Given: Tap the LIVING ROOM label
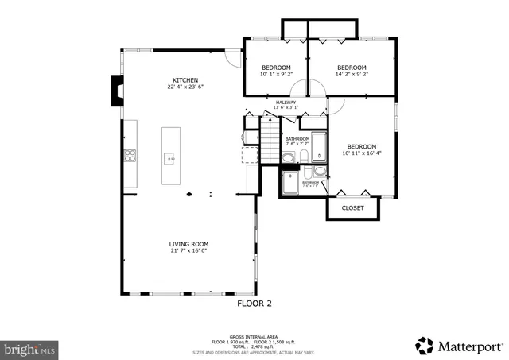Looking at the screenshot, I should pyautogui.click(x=188, y=244).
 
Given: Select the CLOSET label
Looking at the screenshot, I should pyautogui.click(x=352, y=208).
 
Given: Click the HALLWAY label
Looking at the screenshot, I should pyautogui.click(x=286, y=103).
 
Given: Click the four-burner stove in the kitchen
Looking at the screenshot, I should pyautogui.click(x=129, y=156).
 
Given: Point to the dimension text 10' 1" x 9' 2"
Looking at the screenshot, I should pyautogui.click(x=275, y=75).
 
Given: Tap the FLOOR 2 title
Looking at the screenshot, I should pyautogui.click(x=254, y=304).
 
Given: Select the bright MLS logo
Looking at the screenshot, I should pyautogui.click(x=29, y=348).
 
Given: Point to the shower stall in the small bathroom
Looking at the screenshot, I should pyautogui.click(x=290, y=184).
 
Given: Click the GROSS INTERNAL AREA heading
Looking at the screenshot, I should pyautogui.click(x=254, y=337).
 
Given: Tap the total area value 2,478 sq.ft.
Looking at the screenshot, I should pyautogui.click(x=262, y=346).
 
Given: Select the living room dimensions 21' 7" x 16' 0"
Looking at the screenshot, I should pyautogui.click(x=188, y=251).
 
